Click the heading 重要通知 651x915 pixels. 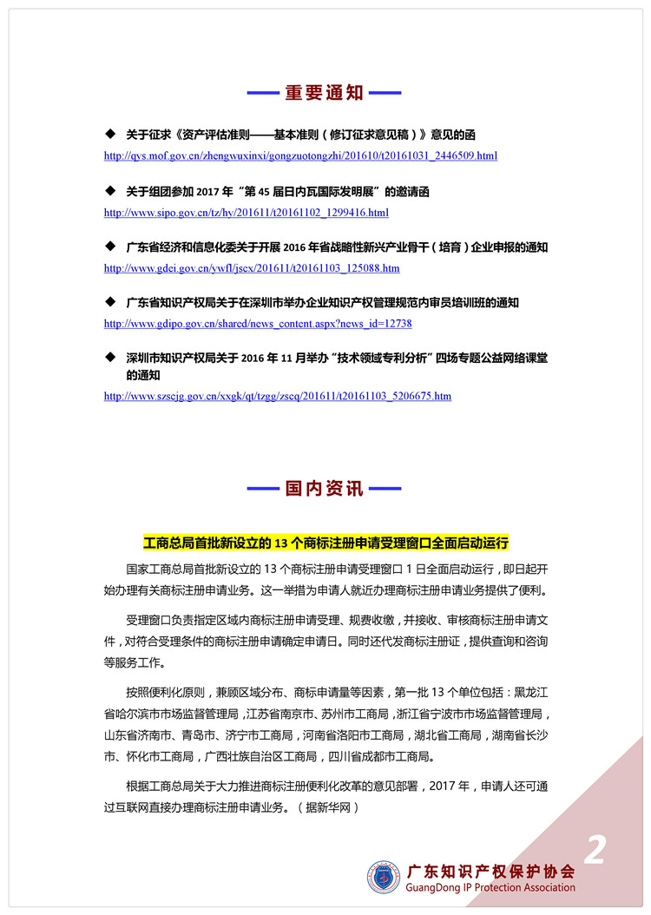click(325, 94)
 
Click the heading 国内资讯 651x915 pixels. click(325, 489)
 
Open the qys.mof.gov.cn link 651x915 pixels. click(300, 156)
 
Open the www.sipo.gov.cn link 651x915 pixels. click(246, 213)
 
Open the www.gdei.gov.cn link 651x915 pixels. click(252, 268)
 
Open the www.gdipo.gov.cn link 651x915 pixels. click(258, 324)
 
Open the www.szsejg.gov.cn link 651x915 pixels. click(277, 396)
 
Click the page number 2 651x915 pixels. click(595, 850)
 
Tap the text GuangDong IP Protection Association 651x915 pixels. click(490, 888)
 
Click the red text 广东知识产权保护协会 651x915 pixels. click(490, 871)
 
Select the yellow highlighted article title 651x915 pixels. click(325, 543)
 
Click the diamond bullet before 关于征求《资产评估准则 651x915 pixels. click(109, 135)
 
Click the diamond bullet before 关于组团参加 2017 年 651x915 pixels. click(109, 191)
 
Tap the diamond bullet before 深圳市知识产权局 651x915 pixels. click(109, 358)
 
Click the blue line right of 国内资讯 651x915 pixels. click(386, 489)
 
